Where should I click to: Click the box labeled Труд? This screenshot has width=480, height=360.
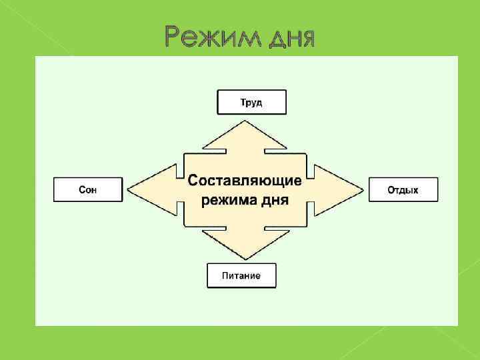point(251,102)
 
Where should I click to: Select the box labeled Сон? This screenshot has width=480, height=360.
point(87,190)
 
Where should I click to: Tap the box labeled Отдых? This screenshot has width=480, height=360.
point(403,190)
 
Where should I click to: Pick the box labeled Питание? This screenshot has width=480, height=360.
point(241,275)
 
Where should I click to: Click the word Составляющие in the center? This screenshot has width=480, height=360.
point(245,180)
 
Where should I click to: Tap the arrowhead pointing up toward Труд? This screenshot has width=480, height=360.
point(245,133)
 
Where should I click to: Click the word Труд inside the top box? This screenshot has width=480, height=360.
point(251,103)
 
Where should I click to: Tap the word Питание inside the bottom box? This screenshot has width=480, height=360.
point(241,275)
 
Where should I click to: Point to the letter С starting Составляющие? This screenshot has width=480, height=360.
point(193,180)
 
